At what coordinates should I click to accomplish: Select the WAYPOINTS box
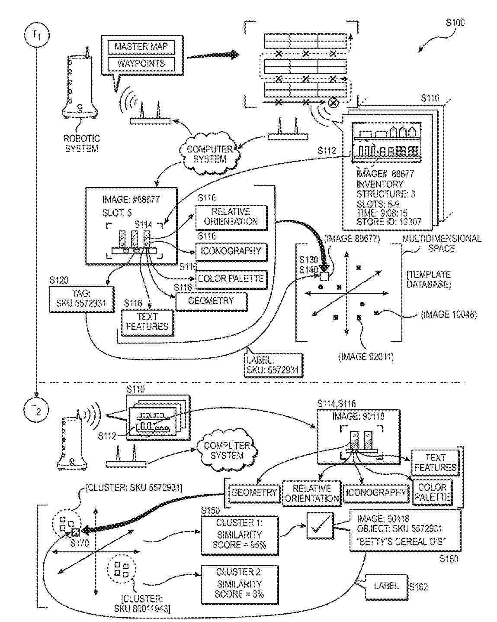pos(141,64)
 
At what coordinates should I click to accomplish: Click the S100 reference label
pos(455,23)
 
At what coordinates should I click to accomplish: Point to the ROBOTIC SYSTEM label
pos(81,143)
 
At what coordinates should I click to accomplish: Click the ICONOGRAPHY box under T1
pos(231,251)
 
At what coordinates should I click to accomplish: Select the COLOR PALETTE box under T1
pos(231,279)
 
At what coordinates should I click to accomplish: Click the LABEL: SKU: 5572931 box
pos(273,365)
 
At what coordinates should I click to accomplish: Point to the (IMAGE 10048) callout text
pos(449,314)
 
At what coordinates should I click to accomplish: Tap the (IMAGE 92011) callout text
pos(367,357)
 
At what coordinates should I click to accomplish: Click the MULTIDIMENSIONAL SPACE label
pos(441,243)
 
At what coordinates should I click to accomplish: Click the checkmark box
pos(320,525)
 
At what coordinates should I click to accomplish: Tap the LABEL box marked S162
pos(386,586)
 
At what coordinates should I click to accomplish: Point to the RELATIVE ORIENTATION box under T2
pos(311,493)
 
